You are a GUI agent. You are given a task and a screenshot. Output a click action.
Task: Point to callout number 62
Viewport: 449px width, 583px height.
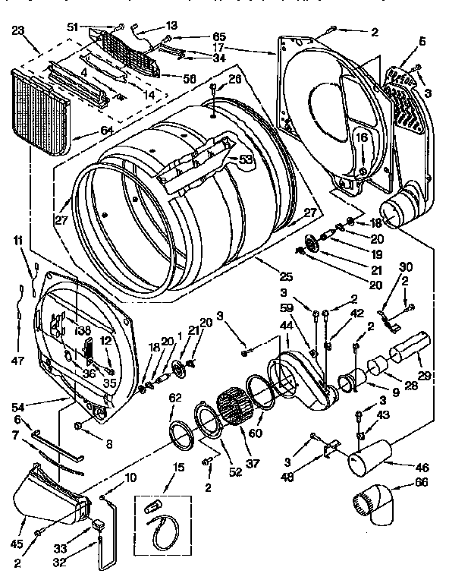point(175,396)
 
